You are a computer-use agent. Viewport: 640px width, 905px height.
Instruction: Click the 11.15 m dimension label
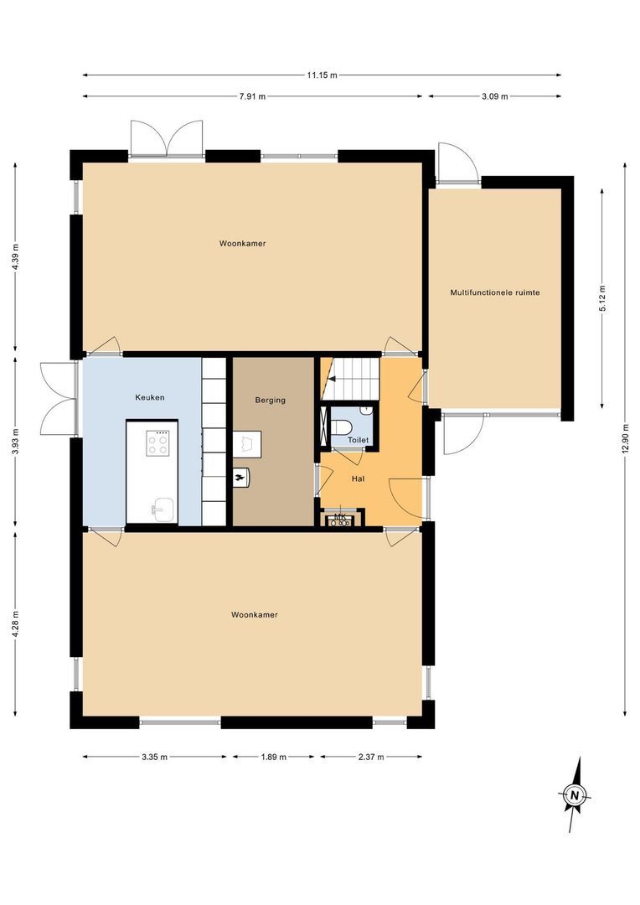click(x=322, y=75)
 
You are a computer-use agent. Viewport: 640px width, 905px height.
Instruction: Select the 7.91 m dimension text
click(x=251, y=96)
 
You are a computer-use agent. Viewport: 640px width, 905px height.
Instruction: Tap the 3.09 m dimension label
click(x=494, y=96)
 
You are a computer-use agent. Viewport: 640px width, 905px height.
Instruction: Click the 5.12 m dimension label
click(x=601, y=298)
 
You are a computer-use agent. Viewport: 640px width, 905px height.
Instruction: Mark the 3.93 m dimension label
click(x=16, y=443)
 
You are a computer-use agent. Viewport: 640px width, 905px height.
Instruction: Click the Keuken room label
click(x=150, y=396)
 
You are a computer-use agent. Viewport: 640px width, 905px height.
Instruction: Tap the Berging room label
click(x=271, y=400)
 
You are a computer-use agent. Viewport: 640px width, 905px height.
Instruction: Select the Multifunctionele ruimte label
click(x=494, y=292)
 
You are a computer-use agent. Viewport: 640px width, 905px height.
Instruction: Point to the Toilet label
click(x=359, y=439)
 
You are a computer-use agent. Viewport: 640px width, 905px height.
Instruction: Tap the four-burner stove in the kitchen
click(x=157, y=443)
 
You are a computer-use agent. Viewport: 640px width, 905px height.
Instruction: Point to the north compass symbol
click(x=575, y=794)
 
